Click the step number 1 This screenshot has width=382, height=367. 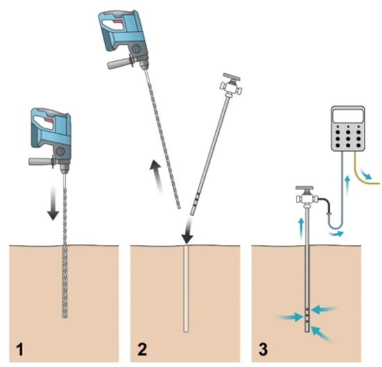click(x=19, y=349)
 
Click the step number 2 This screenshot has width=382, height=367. click(x=142, y=349)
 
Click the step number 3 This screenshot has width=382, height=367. click(x=263, y=349)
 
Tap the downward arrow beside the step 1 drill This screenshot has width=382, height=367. click(x=53, y=202)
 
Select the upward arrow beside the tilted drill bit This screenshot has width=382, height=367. click(x=157, y=176)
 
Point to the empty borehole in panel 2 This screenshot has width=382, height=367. click(x=186, y=289)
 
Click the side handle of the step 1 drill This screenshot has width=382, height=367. click(x=41, y=162)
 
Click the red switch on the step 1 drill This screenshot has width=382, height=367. click(x=49, y=121)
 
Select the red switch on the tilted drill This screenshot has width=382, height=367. click(x=117, y=22)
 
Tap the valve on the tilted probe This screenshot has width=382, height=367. click(x=231, y=85)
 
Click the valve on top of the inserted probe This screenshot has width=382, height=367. click(x=306, y=196)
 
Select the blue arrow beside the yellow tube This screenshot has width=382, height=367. click(x=366, y=173)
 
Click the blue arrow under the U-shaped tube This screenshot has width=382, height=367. click(x=336, y=234)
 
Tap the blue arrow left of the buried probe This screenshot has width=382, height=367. click(x=290, y=316)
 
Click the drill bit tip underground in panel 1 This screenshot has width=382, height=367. click(x=65, y=316)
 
